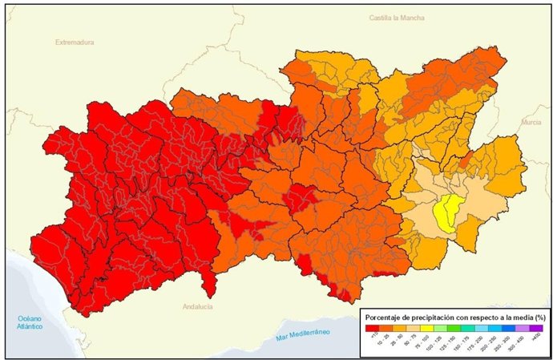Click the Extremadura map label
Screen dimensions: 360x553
click(x=75, y=42)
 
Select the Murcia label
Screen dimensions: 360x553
click(x=531, y=122)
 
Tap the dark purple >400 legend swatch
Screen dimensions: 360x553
click(x=536, y=327)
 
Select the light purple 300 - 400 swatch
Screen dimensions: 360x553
click(x=523, y=327)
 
